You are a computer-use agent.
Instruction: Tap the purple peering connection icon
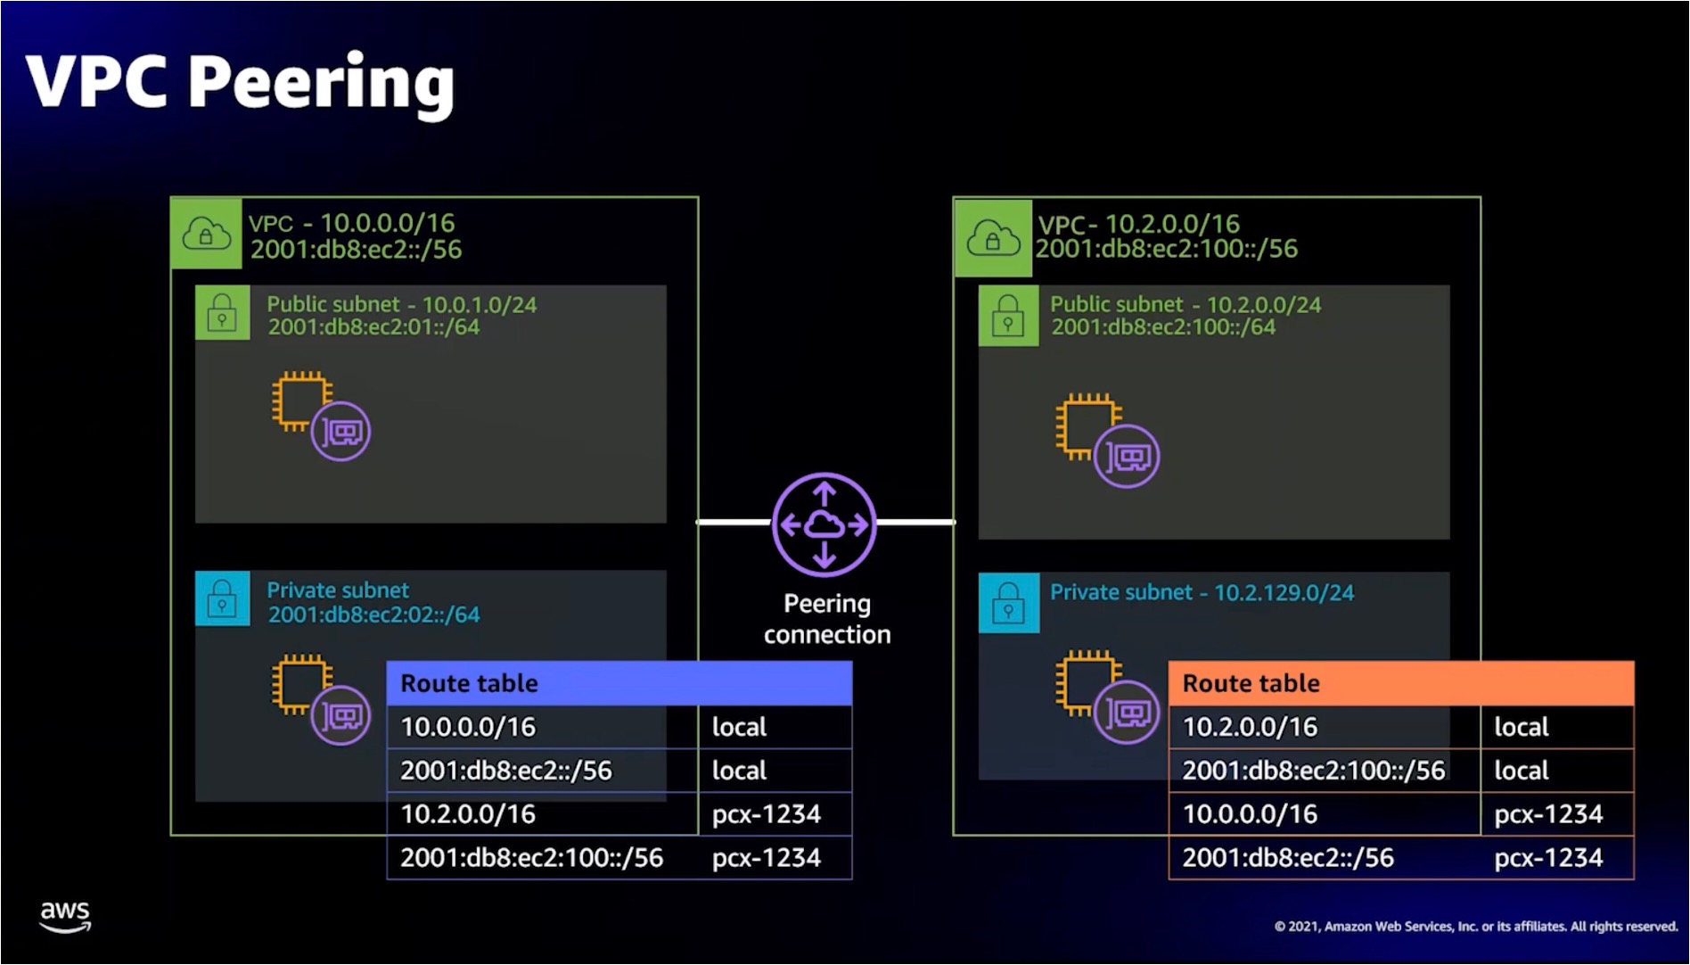tap(824, 524)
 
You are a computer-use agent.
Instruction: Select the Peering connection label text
tap(826, 619)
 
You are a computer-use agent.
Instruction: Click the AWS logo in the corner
tap(65, 916)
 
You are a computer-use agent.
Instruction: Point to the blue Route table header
tap(619, 683)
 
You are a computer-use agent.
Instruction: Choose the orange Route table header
tap(1400, 683)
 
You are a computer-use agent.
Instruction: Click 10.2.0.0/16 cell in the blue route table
tap(468, 814)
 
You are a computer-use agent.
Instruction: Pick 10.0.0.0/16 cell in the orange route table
tap(1250, 814)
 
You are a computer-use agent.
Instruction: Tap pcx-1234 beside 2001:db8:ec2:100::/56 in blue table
tap(767, 858)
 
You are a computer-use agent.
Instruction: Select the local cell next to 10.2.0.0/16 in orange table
tap(1522, 727)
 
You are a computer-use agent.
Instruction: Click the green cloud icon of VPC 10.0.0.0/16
tap(206, 234)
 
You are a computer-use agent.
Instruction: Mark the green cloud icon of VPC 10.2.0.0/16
tap(992, 237)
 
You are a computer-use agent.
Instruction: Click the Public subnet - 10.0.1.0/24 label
tap(402, 305)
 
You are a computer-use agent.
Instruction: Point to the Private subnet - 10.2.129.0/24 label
tap(1202, 592)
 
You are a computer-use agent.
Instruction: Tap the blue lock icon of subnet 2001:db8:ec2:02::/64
tap(222, 598)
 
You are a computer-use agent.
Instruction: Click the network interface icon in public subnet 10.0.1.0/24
tap(340, 433)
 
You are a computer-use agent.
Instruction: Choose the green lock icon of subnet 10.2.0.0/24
tap(1008, 316)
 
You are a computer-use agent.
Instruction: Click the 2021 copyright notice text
tap(1476, 927)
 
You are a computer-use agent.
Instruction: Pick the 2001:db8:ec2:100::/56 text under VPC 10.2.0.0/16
tap(1166, 249)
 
